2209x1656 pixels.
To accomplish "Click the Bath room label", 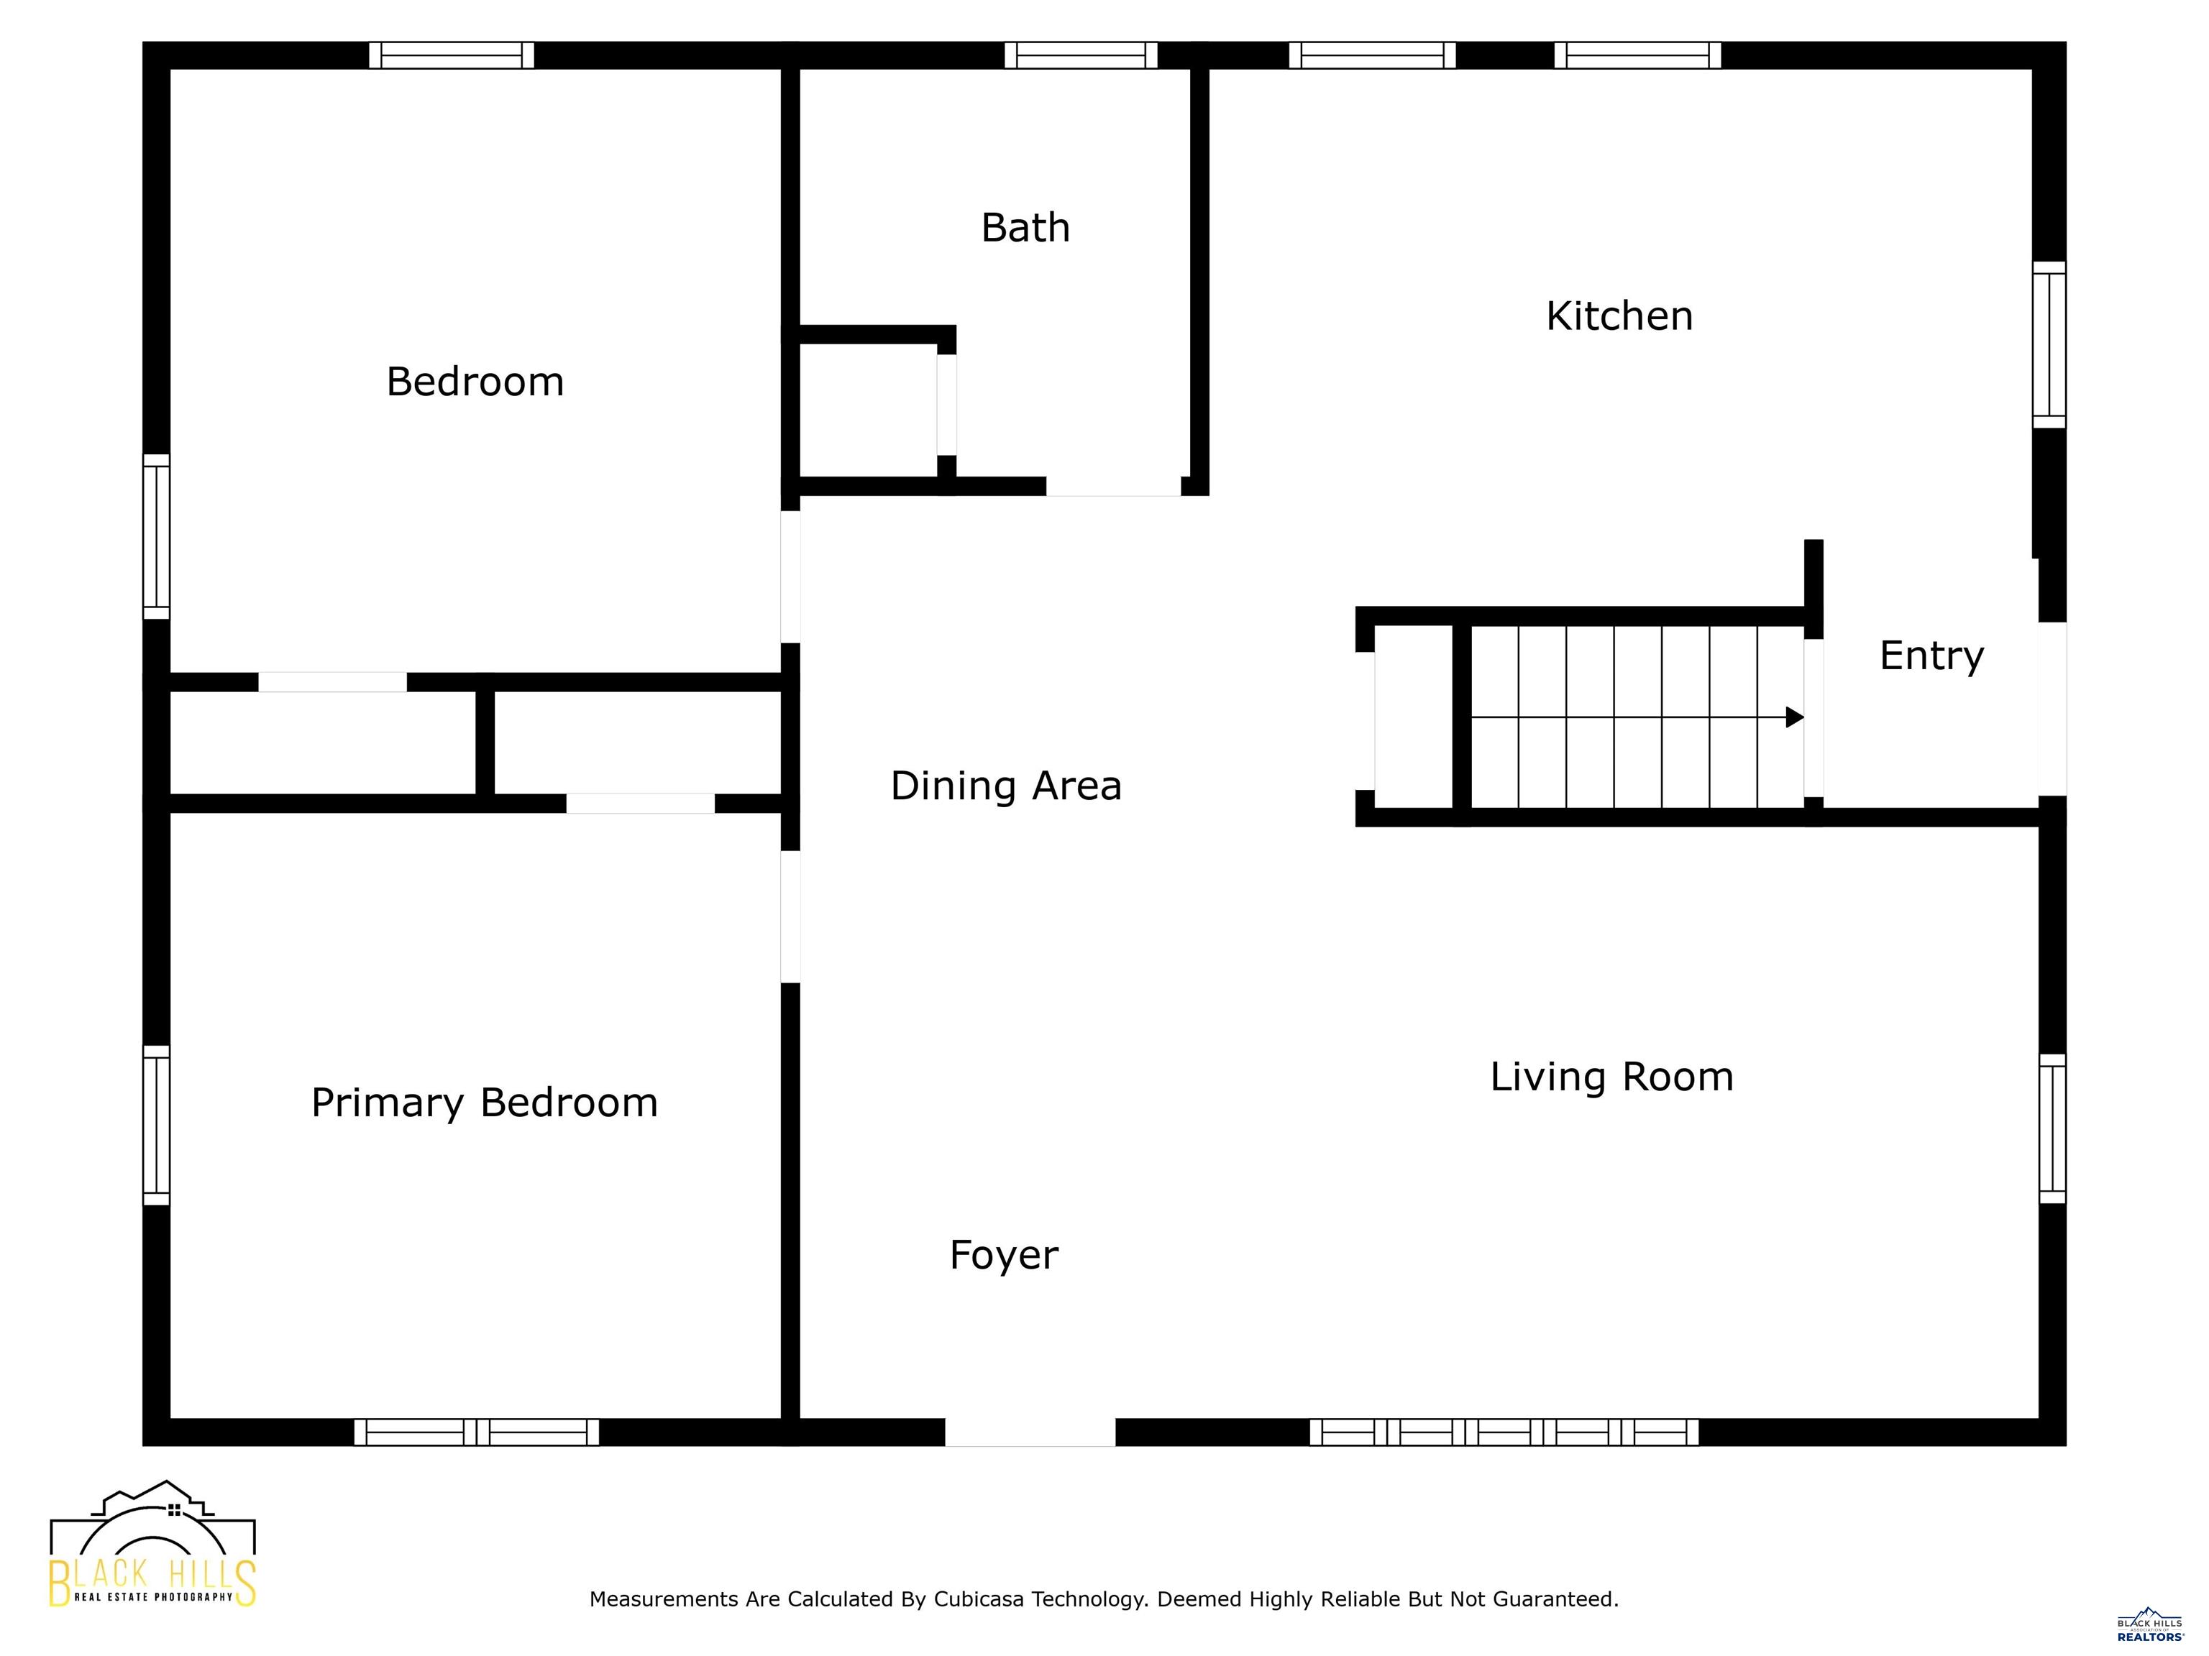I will pyautogui.click(x=1025, y=228).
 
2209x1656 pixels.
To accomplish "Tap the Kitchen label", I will pyautogui.click(x=1619, y=316).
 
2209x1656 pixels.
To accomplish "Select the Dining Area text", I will pyautogui.click(x=1006, y=786).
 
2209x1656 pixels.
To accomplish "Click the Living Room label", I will pyautogui.click(x=1611, y=1077).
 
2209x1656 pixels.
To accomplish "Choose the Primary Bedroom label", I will pyautogui.click(x=485, y=1103).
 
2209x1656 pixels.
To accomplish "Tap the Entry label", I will pyautogui.click(x=1931, y=655).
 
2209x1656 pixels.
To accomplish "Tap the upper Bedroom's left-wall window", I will pyautogui.click(x=157, y=537).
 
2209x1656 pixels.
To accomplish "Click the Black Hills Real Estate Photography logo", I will pyautogui.click(x=152, y=1545).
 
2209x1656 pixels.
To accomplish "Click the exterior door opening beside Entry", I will pyautogui.click(x=2052, y=709).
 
